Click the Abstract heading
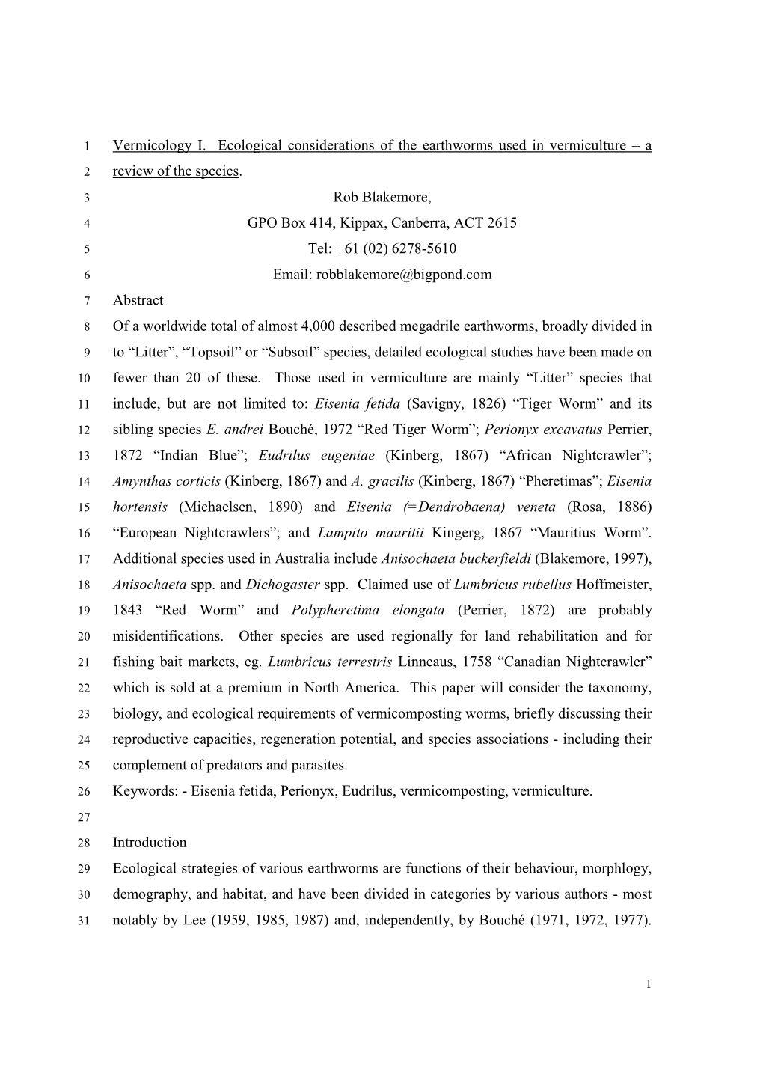pyautogui.click(x=138, y=300)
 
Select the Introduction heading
pyautogui.click(x=150, y=842)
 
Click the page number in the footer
pyautogui.click(x=649, y=983)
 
